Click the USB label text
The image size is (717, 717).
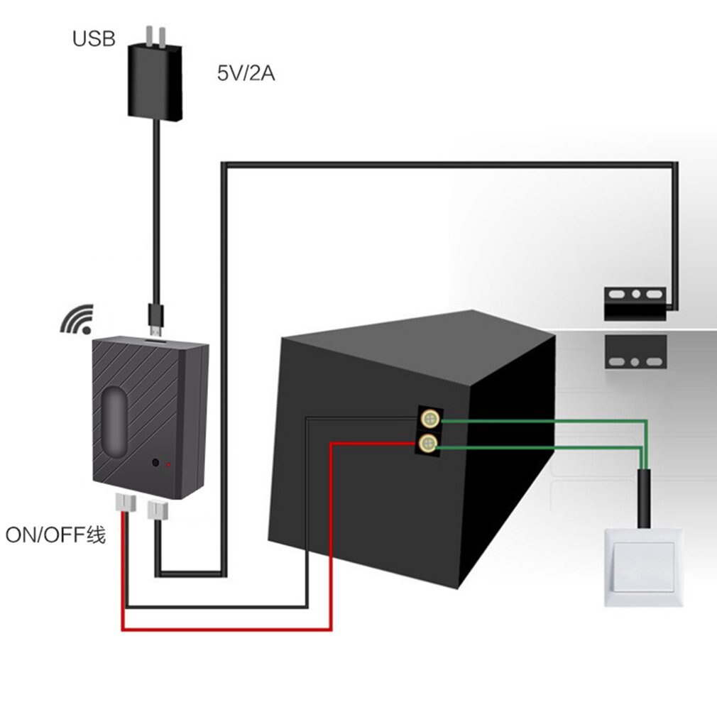coord(93,38)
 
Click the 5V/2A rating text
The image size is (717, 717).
coord(246,74)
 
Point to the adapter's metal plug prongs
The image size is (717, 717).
coord(158,35)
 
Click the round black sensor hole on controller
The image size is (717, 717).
coord(155,464)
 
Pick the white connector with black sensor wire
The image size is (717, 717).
coord(156,508)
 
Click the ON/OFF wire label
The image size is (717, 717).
coord(55,535)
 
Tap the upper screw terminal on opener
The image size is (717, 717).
coord(428,419)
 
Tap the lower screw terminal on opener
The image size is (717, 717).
coord(428,444)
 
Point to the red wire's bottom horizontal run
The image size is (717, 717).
coord(227,629)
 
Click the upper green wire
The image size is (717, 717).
coord(540,421)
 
